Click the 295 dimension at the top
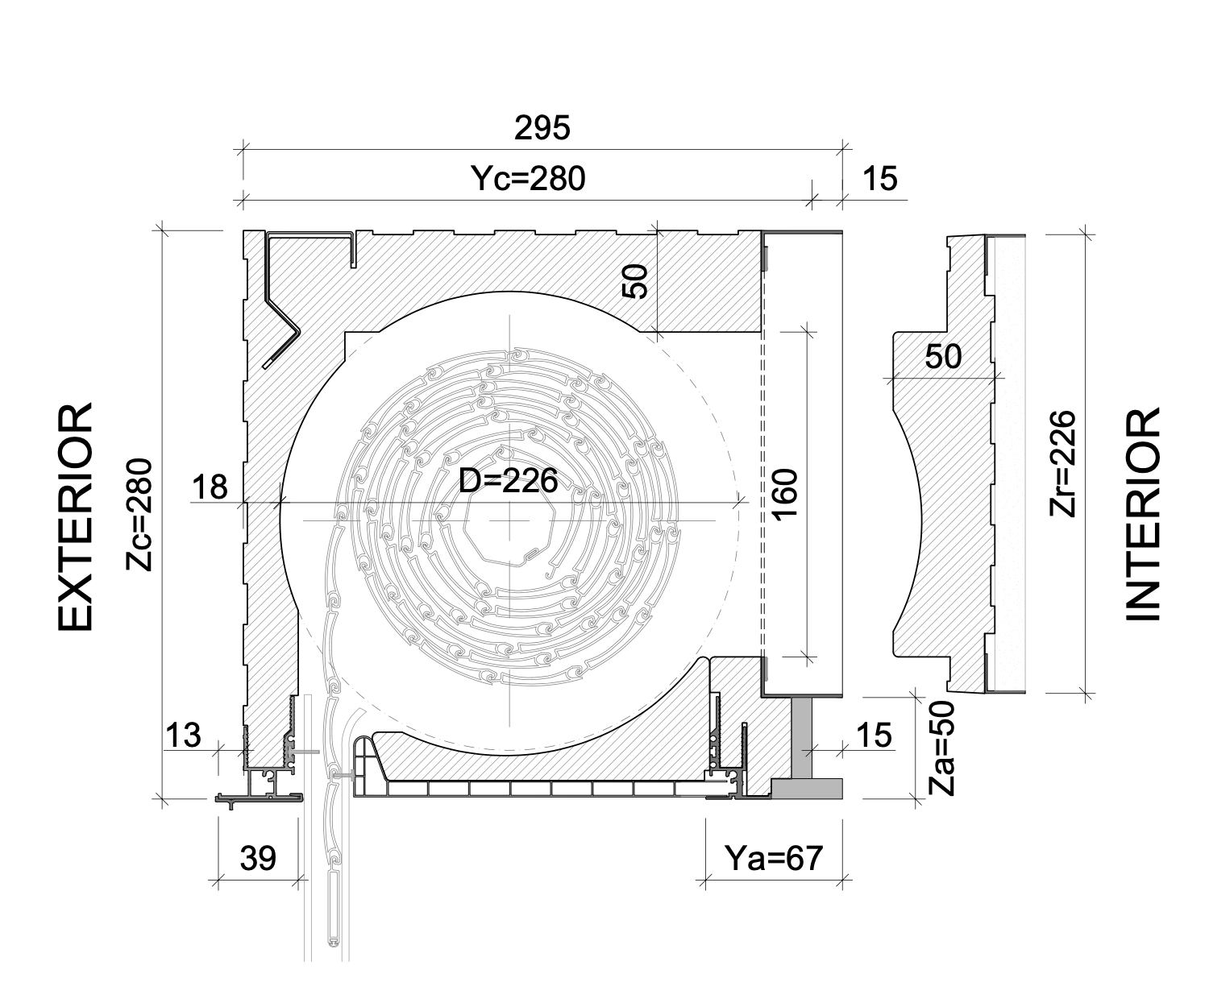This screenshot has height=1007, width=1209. click(542, 128)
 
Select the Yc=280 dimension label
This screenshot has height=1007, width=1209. click(528, 178)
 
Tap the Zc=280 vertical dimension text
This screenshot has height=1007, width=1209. click(139, 515)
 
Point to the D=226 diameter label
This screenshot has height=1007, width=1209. click(508, 480)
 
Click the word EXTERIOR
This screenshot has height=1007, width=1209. click(75, 516)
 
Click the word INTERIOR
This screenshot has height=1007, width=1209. click(1142, 515)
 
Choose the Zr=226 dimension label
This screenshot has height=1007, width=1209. click(1062, 463)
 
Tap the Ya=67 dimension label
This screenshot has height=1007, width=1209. click(774, 858)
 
